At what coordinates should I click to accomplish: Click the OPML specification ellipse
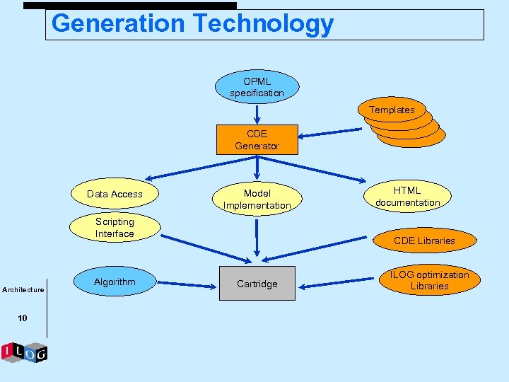click(257, 87)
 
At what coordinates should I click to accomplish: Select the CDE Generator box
click(257, 140)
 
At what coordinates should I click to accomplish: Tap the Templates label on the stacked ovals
click(392, 110)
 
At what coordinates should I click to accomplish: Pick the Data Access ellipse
click(115, 194)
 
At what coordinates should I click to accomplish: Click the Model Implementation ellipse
click(257, 199)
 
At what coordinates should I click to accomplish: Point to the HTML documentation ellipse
click(407, 196)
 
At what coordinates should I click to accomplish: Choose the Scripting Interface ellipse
click(115, 228)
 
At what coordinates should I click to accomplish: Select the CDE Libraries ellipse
click(424, 241)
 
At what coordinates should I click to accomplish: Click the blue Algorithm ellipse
click(115, 282)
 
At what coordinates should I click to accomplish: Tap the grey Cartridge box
click(257, 284)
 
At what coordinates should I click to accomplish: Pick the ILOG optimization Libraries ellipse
click(429, 280)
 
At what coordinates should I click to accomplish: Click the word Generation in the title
click(117, 23)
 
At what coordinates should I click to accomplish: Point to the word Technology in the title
click(263, 23)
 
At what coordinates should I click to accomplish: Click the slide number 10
click(23, 318)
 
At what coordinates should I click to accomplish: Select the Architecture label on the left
click(23, 289)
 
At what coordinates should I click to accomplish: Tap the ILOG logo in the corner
click(24, 352)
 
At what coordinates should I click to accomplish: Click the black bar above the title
click(130, 5)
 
